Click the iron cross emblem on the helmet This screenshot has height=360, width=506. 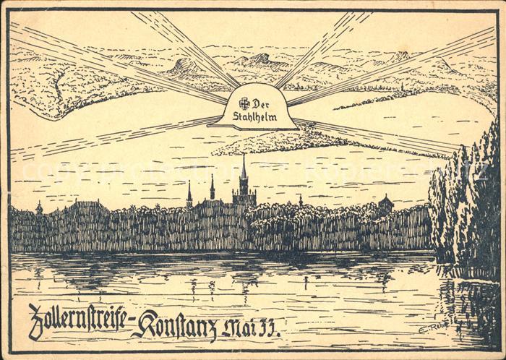point(244,103)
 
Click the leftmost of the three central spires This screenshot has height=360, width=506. point(189,194)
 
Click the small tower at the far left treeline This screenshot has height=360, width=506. point(39,208)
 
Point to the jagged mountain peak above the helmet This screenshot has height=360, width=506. point(259,59)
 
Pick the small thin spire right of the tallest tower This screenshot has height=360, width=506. point(300,199)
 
